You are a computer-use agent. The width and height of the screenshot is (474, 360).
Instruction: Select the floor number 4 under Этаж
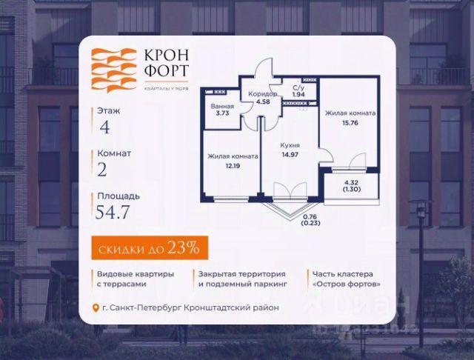104,126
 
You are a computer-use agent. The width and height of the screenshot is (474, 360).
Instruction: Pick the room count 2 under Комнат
102,169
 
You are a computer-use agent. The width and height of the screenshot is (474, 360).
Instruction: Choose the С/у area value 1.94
298,96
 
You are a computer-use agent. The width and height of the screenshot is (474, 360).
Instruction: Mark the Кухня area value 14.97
289,155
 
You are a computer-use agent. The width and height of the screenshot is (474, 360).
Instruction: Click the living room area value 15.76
349,124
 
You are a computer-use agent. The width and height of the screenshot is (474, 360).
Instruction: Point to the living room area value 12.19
233,167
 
